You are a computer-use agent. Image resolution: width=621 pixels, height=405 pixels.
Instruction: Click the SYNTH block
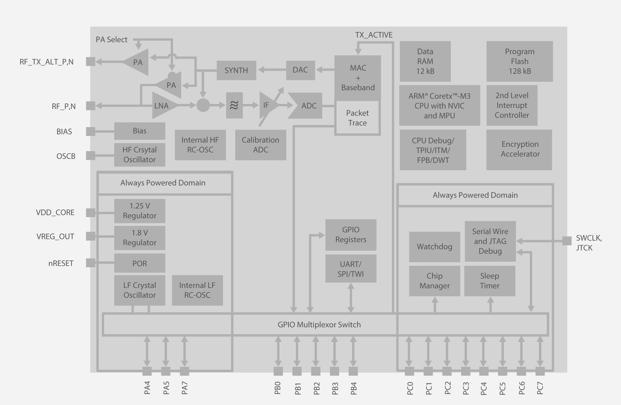pyautogui.click(x=236, y=70)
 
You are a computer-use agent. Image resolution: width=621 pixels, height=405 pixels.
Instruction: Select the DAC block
pyautogui.click(x=300, y=70)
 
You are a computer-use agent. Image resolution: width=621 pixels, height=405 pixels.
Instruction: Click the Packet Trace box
pyautogui.click(x=357, y=118)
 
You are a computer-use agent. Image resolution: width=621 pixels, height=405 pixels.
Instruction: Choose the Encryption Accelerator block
pyautogui.click(x=519, y=149)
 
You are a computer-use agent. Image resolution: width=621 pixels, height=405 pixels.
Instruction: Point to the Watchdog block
pyautogui.click(x=434, y=247)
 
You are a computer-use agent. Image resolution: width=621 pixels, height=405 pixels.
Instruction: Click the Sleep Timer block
pyautogui.click(x=489, y=281)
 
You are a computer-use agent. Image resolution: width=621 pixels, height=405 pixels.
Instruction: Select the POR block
pyautogui.click(x=139, y=263)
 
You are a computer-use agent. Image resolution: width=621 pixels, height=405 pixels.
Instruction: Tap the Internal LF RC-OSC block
pyautogui.click(x=197, y=290)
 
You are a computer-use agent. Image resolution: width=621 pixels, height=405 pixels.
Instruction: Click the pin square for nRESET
pyautogui.click(x=91, y=263)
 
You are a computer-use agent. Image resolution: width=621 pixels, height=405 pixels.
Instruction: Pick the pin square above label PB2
pyautogui.click(x=315, y=371)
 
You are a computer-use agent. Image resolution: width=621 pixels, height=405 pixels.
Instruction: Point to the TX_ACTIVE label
pyautogui.click(x=374, y=35)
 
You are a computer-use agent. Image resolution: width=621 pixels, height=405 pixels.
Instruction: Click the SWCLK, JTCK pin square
pyautogui.click(x=567, y=241)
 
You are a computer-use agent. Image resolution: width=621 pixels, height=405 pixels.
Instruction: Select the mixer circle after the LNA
pyautogui.click(x=203, y=105)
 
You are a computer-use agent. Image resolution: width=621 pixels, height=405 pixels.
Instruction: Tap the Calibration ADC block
pyautogui.click(x=260, y=145)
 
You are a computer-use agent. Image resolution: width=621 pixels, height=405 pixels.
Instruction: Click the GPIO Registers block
pyautogui.click(x=351, y=235)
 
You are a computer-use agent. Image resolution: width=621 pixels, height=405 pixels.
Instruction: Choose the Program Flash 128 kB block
pyautogui.click(x=520, y=61)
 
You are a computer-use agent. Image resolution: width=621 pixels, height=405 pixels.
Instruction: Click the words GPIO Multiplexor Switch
pyautogui.click(x=319, y=325)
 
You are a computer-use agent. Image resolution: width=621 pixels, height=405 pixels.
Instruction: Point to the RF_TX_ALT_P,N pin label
pyautogui.click(x=47, y=62)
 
